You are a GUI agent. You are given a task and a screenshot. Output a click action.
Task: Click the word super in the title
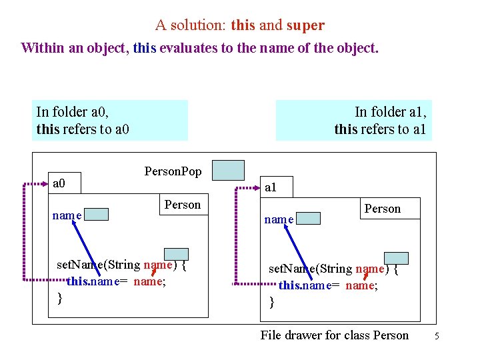pos(305,25)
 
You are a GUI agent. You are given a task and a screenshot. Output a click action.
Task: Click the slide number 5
pos(437,336)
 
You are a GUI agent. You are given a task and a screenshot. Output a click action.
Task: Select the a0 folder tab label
pos(59,183)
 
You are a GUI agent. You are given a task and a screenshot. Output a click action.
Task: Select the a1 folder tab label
pos(271,188)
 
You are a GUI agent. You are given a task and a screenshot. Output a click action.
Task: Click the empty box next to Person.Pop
pos(229,170)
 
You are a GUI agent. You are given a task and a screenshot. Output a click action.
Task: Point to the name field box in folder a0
pos(96,214)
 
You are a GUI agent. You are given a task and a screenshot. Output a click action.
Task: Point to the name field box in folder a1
pos(307,217)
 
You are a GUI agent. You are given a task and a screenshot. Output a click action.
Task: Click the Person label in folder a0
pos(182,205)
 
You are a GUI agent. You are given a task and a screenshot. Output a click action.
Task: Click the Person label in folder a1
pos(383,209)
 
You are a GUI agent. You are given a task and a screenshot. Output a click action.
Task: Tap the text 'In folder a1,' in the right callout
pos(391,112)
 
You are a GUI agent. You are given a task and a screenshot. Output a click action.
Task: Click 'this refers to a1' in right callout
pos(379,129)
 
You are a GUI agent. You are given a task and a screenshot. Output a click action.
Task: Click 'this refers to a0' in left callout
pos(83,129)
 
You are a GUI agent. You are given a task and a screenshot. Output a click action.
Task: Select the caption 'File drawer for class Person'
pos(334,335)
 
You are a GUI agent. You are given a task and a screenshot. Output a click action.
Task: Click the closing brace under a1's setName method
pos(271,302)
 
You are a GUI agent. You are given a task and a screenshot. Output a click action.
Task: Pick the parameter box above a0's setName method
pos(177,253)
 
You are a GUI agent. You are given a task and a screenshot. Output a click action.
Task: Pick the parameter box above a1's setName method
pos(396,258)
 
